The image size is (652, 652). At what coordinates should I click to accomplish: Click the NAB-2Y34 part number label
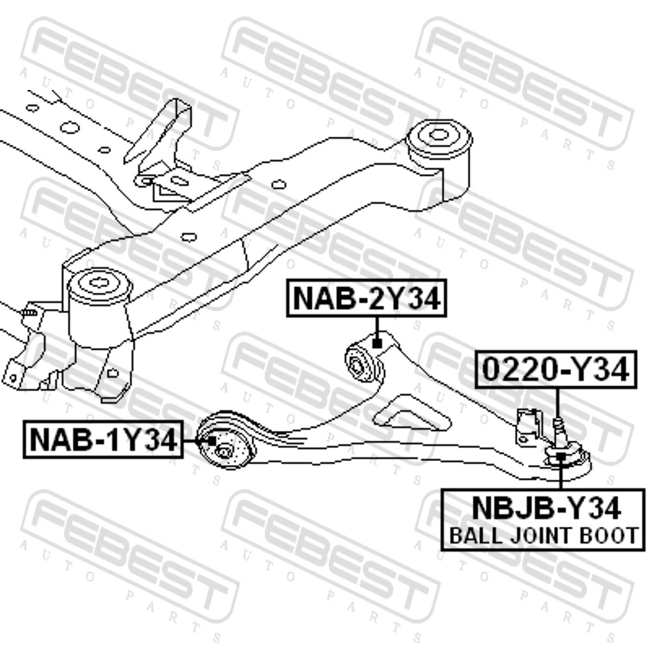366,298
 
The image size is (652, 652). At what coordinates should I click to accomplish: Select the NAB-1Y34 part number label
103,439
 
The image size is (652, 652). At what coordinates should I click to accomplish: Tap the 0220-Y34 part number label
556,370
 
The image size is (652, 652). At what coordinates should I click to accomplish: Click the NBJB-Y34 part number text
546,508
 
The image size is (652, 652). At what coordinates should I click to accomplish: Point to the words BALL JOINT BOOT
544,535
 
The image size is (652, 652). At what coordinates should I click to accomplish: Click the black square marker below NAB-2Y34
377,344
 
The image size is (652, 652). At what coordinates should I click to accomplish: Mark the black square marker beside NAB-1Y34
212,441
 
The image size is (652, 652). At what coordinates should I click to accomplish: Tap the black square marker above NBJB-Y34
561,456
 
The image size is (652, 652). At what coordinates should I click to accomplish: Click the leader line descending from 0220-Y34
557,403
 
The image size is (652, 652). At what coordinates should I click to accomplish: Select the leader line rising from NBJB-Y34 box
561,475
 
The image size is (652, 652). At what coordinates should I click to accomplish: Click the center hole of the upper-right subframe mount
438,135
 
